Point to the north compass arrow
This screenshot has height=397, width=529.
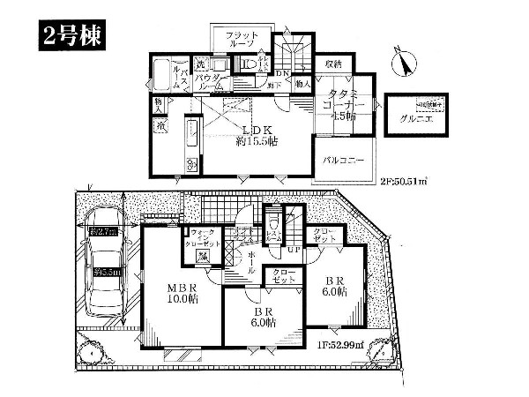coord(406,60)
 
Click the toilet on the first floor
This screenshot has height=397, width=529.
coord(274,221)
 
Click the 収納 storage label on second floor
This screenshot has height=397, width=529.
coord(333,64)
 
